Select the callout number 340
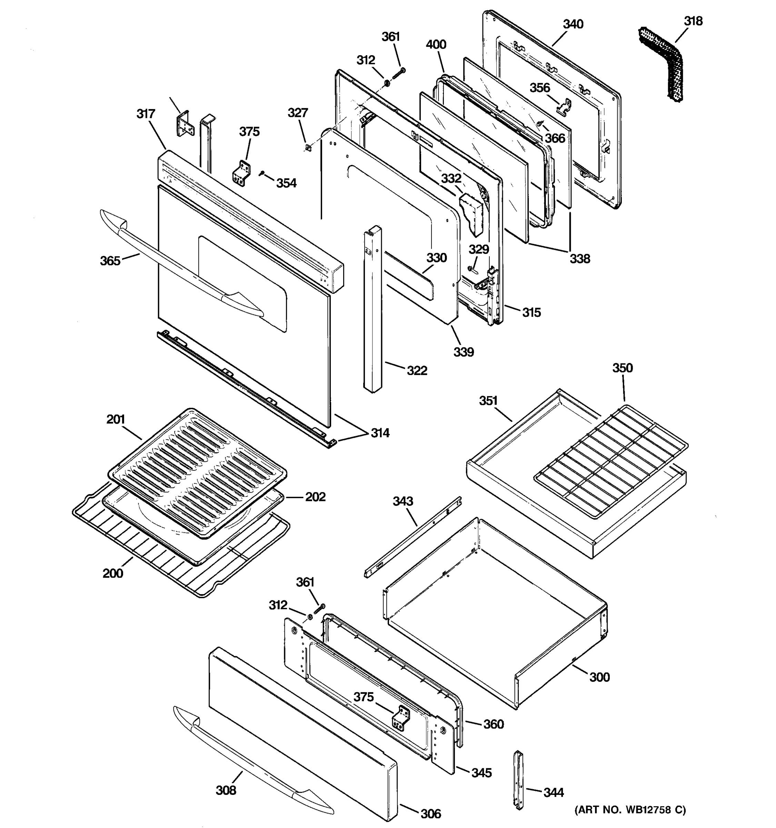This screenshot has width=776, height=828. [x=573, y=24]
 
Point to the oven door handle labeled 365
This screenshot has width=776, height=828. [x=179, y=267]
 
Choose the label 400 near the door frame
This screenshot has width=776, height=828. [x=436, y=45]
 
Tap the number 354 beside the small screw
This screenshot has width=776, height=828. [x=286, y=183]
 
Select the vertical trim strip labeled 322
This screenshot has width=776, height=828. [x=372, y=308]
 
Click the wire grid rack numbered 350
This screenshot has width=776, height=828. [x=612, y=462]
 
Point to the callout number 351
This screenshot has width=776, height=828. [x=488, y=401]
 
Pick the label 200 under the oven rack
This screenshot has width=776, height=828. [x=113, y=573]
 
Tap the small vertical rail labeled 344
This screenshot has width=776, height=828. [x=519, y=785]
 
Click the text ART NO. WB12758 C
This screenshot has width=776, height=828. [x=630, y=810]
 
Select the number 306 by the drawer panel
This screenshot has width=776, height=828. [x=430, y=814]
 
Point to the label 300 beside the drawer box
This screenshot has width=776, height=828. [x=599, y=677]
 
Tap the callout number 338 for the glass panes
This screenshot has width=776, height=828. [x=579, y=259]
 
